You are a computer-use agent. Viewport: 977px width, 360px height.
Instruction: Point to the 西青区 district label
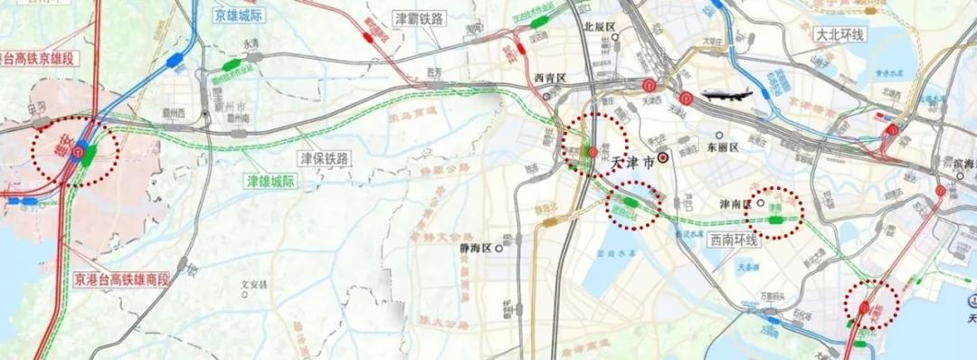549,79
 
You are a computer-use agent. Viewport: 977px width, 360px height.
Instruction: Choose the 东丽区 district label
723,147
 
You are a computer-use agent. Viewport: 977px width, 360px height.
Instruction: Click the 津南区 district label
735,204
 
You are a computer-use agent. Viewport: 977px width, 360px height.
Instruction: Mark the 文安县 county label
254,285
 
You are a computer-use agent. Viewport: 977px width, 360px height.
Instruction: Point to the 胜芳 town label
434,72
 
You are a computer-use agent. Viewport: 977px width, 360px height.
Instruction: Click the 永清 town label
250,43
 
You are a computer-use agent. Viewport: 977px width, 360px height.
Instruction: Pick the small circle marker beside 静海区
498,247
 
